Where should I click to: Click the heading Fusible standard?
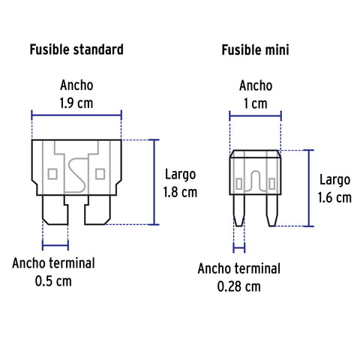[76, 49]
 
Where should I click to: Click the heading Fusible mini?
[255, 49]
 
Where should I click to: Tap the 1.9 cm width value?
[76, 103]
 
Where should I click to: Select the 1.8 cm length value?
[180, 192]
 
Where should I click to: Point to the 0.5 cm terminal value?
[53, 281]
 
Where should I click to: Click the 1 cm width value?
[256, 103]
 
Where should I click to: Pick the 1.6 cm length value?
[334, 197]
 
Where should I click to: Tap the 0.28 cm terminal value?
[238, 286]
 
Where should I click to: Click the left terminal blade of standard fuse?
[55, 210]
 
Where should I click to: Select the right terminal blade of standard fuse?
[97, 210]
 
